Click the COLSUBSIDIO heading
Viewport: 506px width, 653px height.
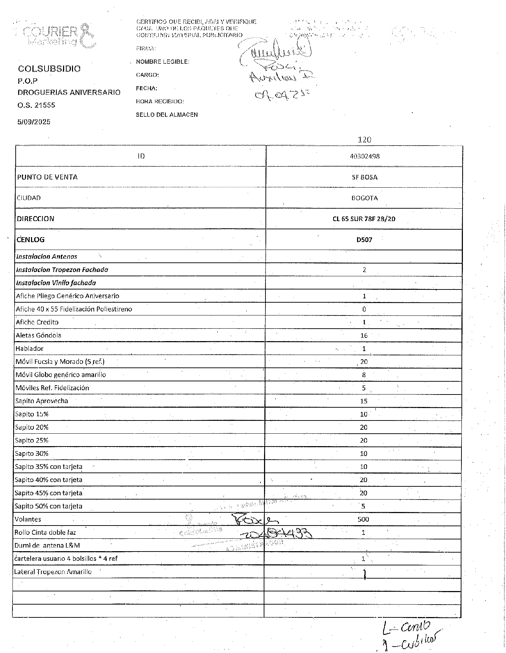[49, 69]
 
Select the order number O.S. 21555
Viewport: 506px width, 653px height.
[36, 105]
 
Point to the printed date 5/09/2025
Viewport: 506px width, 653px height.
[34, 122]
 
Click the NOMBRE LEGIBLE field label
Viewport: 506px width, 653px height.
[162, 62]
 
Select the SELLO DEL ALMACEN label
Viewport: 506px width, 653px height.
[167, 115]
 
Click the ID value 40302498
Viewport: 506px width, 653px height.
[364, 156]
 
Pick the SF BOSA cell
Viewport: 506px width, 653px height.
[364, 177]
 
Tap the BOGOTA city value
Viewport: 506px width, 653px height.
[364, 198]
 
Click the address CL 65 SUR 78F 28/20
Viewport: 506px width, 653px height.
[364, 219]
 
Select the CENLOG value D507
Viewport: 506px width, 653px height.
[364, 240]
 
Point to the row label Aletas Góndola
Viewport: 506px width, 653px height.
[38, 335]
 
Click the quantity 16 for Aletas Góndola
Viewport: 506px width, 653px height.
[364, 335]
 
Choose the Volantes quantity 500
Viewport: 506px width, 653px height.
[363, 519]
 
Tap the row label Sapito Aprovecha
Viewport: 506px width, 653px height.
[42, 401]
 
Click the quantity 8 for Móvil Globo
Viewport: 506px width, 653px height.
[364, 375]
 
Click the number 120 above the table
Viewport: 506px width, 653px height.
[364, 140]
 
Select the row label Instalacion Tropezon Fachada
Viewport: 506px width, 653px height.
[62, 270]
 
